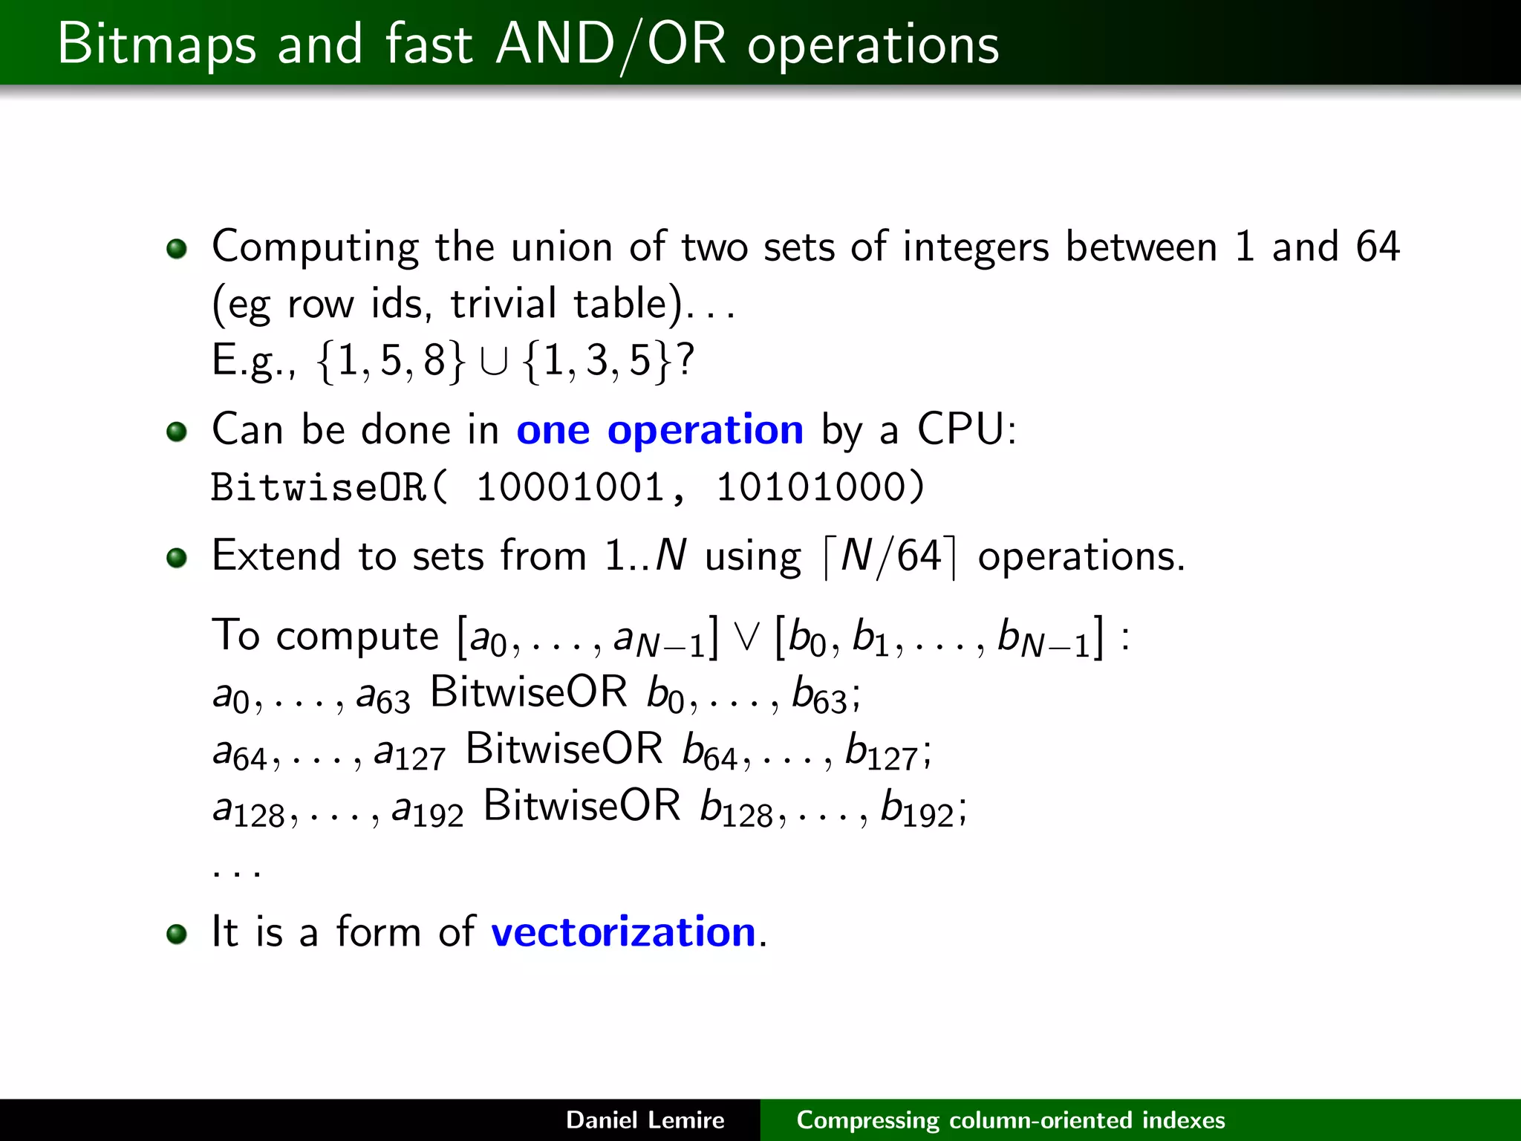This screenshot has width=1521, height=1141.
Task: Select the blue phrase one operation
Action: click(659, 430)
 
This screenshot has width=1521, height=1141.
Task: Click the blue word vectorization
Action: click(623, 932)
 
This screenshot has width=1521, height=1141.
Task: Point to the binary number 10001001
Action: click(570, 488)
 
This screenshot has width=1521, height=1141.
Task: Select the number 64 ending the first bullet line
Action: click(1378, 247)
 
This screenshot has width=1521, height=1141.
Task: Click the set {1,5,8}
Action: click(391, 361)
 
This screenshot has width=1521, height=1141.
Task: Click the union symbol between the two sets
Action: click(494, 363)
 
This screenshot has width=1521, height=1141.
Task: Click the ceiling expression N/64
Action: click(890, 556)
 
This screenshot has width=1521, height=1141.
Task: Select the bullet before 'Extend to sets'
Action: click(177, 557)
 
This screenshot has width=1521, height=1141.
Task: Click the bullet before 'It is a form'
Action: click(177, 934)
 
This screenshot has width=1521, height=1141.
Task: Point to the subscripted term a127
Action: click(409, 752)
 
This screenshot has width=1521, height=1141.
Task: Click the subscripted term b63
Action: click(819, 695)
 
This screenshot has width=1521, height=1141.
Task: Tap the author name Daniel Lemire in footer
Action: click(645, 1120)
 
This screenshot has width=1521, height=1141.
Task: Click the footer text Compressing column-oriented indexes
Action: click(1010, 1120)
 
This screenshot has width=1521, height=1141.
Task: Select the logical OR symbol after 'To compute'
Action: click(746, 637)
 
